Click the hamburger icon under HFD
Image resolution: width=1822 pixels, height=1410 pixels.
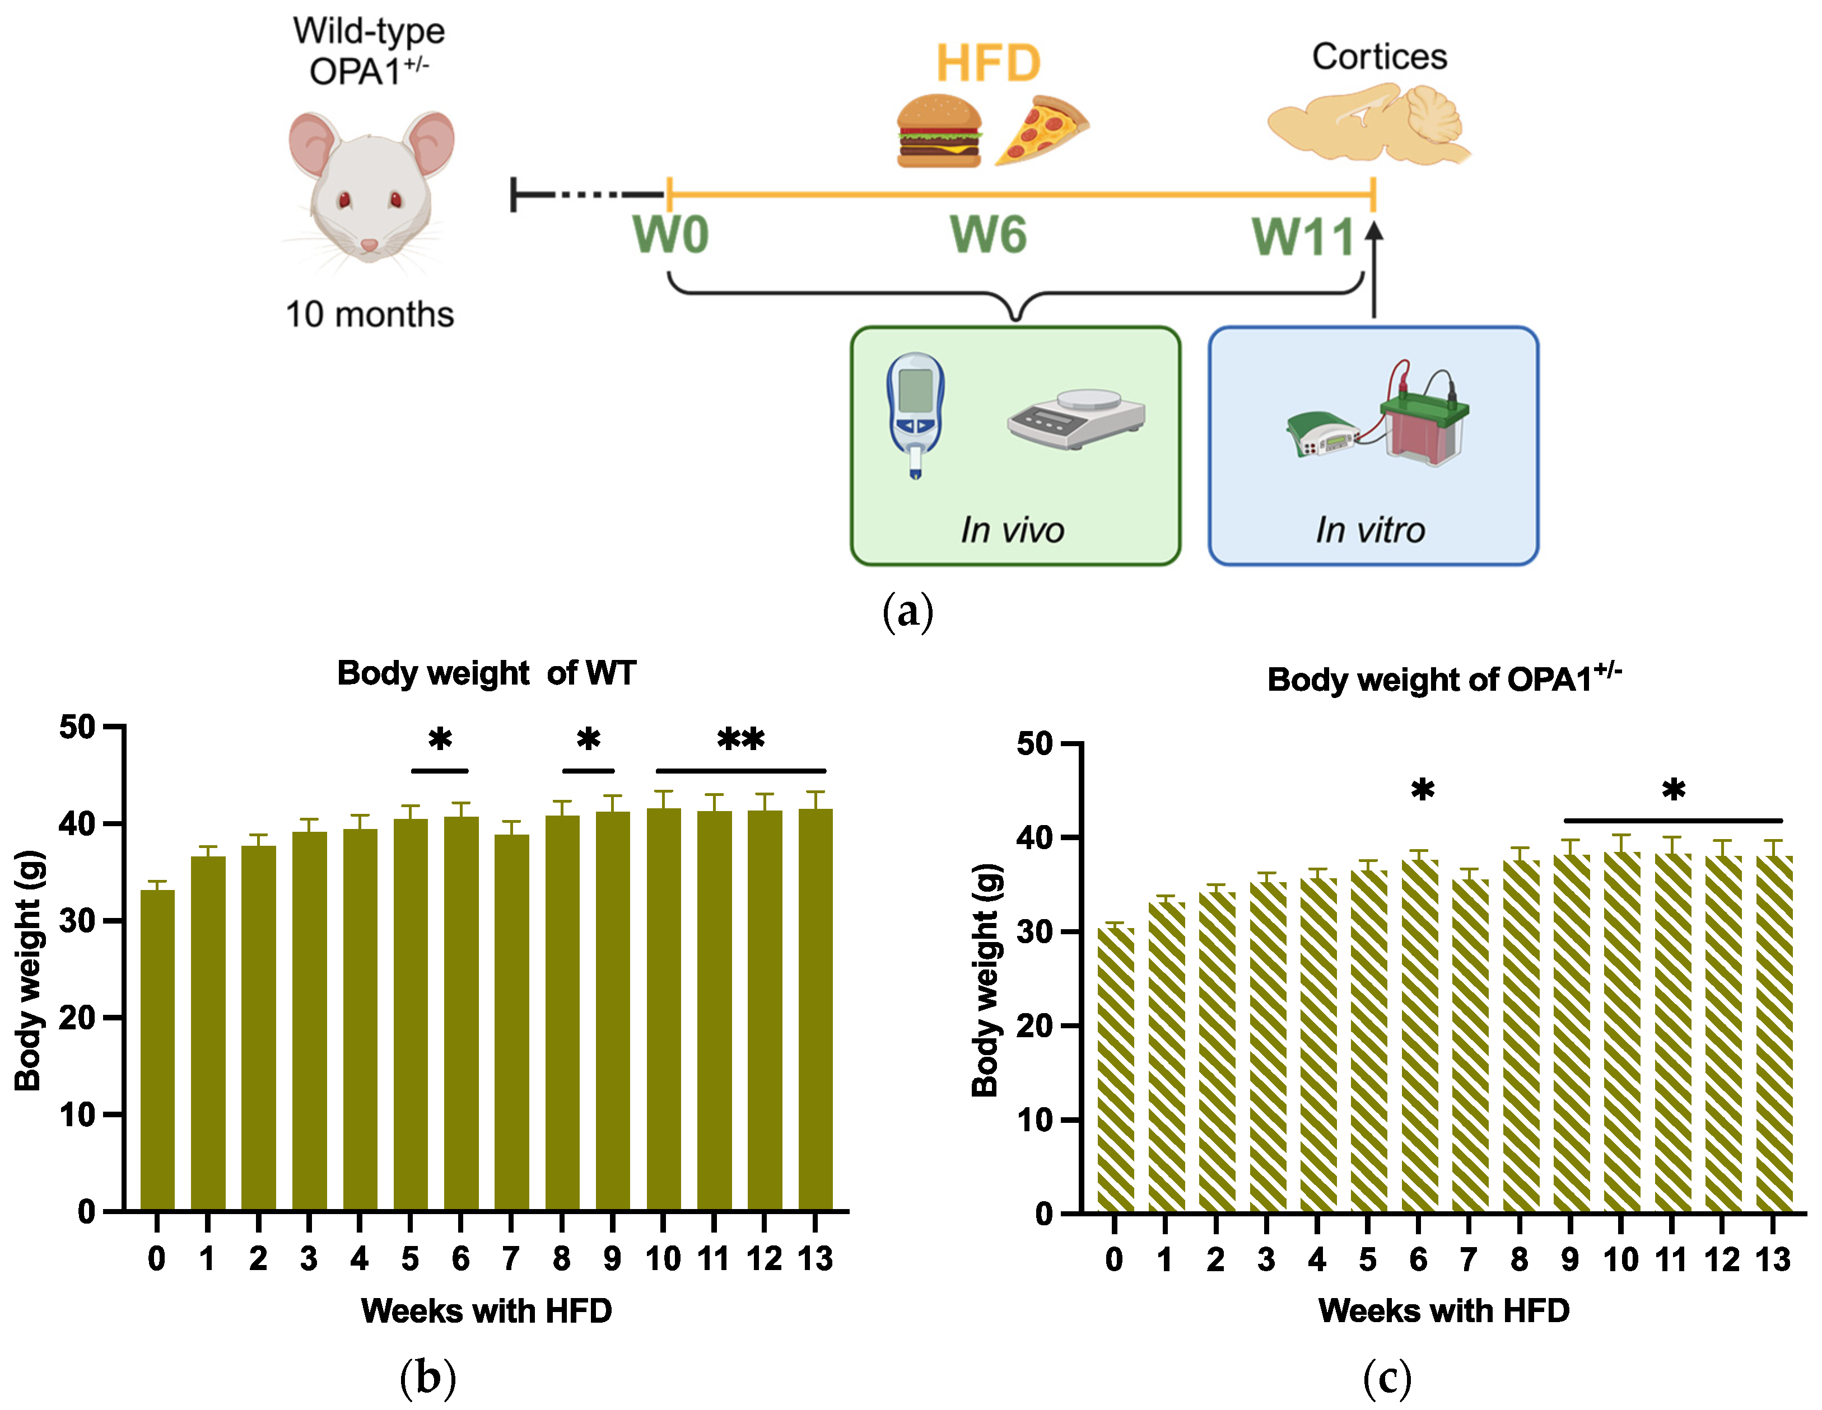(x=939, y=132)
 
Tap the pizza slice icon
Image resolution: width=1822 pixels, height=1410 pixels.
(x=1043, y=130)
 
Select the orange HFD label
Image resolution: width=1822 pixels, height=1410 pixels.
(x=989, y=63)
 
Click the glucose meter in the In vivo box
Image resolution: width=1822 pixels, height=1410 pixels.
(x=915, y=413)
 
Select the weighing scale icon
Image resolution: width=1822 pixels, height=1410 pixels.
(x=1076, y=417)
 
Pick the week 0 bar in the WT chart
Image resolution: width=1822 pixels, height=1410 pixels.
(x=158, y=1051)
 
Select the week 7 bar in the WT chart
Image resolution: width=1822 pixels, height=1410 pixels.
(x=511, y=1022)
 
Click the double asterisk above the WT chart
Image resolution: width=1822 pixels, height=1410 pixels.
(x=741, y=739)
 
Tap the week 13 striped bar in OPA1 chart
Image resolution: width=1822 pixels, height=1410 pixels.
(x=1774, y=1034)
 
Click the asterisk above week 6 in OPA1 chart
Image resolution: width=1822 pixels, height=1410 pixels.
(x=1423, y=790)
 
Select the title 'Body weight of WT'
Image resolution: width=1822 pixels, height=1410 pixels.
(x=486, y=673)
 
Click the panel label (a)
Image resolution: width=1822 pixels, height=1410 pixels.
(x=908, y=612)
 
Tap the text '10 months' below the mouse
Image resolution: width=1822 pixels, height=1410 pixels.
(x=370, y=315)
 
